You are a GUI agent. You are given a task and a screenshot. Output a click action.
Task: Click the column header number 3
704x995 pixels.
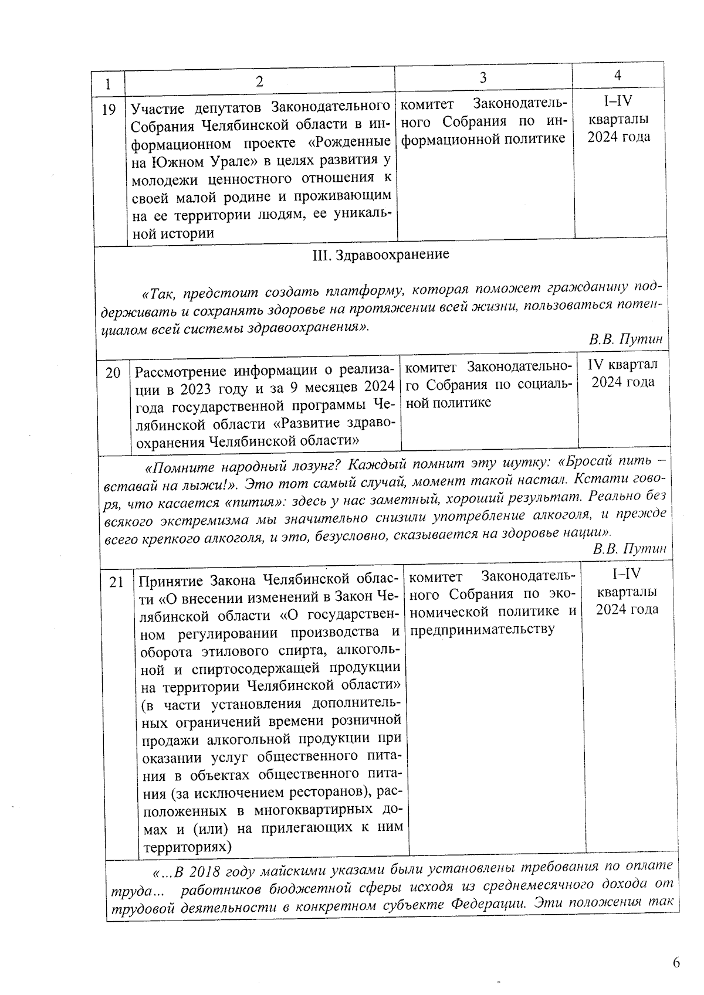[x=483, y=78]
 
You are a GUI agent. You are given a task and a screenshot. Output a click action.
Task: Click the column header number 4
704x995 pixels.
[x=618, y=75]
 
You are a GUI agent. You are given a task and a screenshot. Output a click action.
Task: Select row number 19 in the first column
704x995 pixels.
[x=109, y=110]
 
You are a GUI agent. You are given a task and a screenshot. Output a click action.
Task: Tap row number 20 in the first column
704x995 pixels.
[x=113, y=373]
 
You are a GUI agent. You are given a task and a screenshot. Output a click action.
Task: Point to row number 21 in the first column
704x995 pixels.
[x=117, y=582]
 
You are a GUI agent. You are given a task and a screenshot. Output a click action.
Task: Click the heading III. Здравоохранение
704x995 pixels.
[x=381, y=255]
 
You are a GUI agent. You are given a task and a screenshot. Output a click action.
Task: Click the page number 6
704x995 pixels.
[x=676, y=963]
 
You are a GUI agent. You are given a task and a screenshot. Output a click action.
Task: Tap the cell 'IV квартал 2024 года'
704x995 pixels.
[x=622, y=373]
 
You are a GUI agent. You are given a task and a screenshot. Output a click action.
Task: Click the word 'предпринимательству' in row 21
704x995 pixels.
[x=482, y=630]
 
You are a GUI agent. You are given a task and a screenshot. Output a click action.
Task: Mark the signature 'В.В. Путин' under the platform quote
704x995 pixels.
[x=625, y=339]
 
